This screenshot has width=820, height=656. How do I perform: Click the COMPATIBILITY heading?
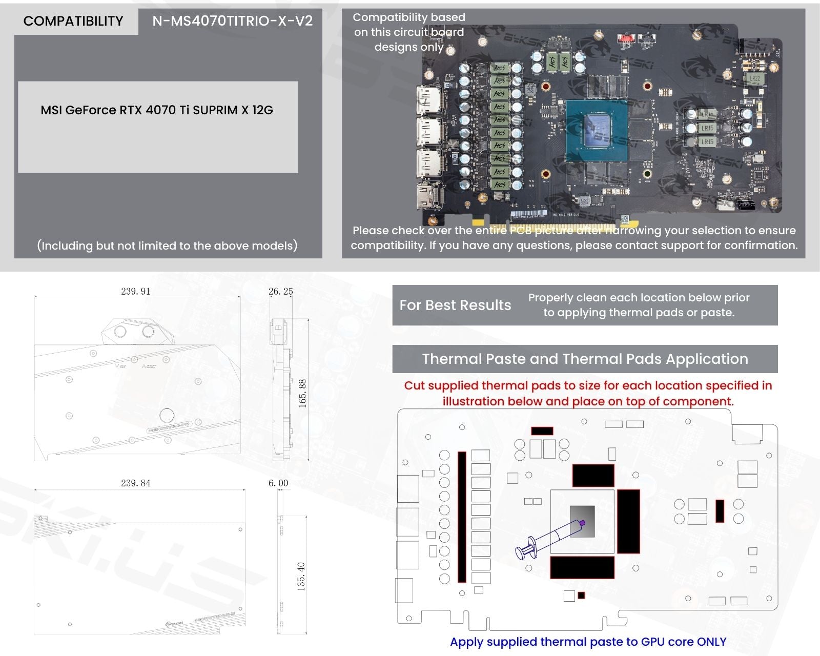[73, 21]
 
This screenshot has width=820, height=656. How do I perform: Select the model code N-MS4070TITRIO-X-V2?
[232, 21]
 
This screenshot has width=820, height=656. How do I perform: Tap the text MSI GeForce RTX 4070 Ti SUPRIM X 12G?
[157, 110]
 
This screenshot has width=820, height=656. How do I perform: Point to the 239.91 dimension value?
[136, 291]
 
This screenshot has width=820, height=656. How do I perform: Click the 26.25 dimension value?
[281, 291]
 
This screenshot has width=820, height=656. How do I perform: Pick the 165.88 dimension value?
[302, 393]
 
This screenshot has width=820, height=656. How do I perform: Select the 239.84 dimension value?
[136, 483]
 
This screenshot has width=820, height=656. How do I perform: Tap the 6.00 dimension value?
[278, 483]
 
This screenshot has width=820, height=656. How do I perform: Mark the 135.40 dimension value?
[301, 576]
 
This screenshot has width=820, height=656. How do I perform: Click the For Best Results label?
[455, 305]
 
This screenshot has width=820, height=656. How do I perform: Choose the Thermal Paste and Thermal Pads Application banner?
[585, 359]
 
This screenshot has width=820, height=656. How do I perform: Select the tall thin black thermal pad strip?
[462, 517]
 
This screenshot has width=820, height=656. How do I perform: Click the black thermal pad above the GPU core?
[593, 475]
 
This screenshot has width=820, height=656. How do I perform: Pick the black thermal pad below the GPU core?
[582, 567]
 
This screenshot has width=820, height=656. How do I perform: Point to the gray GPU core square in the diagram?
[582, 521]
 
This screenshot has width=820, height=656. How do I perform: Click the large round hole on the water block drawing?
[167, 415]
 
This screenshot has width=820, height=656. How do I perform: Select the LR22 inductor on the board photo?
[754, 79]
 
